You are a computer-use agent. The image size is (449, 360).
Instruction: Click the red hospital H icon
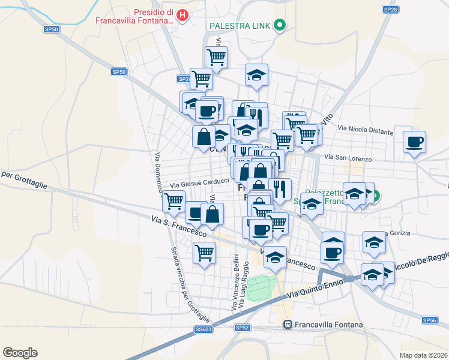coord(183,15)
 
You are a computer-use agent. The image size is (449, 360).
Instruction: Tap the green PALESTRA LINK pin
coord(279,25)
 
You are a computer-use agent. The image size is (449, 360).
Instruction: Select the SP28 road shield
coord(391,10)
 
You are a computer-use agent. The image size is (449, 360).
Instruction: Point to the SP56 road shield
coord(429,320)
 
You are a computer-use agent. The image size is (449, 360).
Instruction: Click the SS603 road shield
coord(203,329)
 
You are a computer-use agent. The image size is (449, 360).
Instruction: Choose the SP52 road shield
coord(242,328)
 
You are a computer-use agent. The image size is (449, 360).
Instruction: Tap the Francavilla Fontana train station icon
coord(288,325)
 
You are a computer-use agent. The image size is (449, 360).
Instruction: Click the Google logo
coord(20,353)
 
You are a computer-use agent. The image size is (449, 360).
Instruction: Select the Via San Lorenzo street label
coord(348,158)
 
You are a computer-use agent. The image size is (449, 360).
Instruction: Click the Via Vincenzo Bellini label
coord(234,281)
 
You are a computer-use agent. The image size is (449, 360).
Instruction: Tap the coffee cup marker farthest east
coord(414,143)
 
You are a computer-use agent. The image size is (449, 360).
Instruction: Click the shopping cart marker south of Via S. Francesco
coord(204,253)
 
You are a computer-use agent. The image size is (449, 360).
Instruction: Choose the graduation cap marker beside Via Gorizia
coord(375,242)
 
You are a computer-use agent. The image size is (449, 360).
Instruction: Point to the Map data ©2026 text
coord(424,355)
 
